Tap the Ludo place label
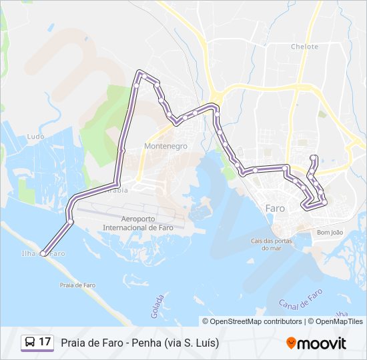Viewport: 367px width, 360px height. click(x=36, y=137)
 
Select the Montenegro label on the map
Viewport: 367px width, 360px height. click(x=165, y=146)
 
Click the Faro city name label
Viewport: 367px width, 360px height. click(x=275, y=209)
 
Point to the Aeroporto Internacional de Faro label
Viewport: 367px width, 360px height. click(x=139, y=223)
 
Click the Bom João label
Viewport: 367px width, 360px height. click(x=330, y=233)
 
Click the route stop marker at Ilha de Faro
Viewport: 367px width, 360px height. click(x=43, y=253)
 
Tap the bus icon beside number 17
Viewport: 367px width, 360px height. click(x=30, y=343)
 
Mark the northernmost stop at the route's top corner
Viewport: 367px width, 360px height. click(x=139, y=72)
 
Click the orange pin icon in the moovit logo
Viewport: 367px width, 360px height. click(x=291, y=343)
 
